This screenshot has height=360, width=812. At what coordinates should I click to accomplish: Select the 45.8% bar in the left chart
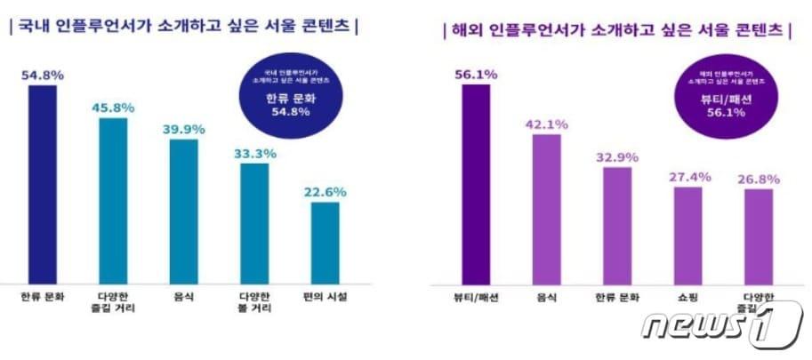(113, 201)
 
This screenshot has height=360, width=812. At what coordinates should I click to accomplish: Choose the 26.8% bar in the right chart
(758, 236)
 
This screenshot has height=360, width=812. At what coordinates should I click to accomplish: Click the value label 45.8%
(113, 108)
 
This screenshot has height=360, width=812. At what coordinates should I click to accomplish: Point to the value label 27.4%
(687, 177)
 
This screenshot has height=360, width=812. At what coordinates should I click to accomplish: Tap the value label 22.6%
(325, 191)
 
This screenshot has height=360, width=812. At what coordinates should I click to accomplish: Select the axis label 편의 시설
(325, 296)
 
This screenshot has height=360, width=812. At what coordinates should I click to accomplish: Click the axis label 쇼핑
(687, 296)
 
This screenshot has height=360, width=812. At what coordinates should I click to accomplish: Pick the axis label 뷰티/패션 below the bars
(475, 296)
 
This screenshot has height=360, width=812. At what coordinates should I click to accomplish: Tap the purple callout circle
(721, 93)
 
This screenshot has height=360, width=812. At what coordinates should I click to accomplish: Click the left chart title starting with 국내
(183, 28)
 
